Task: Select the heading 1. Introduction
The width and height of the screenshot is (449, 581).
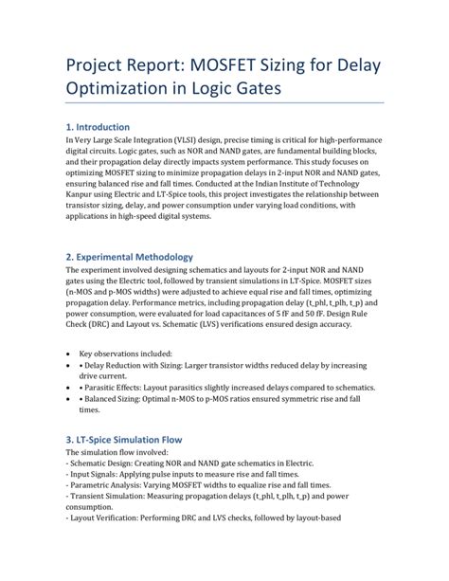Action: tap(98, 127)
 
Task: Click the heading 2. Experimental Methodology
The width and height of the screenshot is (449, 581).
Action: tap(129, 257)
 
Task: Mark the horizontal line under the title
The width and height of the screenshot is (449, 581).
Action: tap(224, 102)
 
